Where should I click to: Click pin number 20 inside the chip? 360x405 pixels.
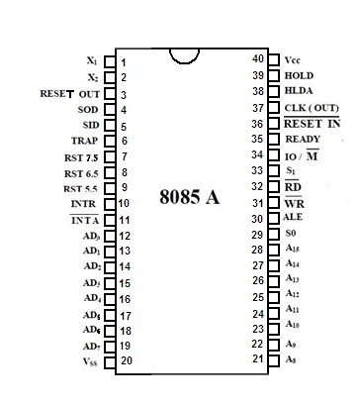click(x=126, y=361)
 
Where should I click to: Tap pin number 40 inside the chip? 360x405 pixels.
click(x=258, y=58)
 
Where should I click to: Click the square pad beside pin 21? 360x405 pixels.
click(x=274, y=358)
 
